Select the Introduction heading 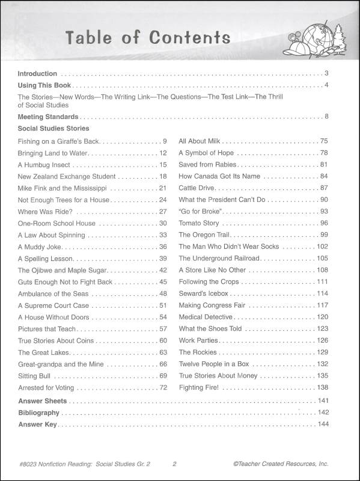tap(37, 73)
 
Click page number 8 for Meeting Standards tap(326, 116)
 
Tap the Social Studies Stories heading tap(53, 128)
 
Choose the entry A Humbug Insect tap(44, 164)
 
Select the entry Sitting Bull tap(35, 376)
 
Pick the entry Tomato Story tap(198, 223)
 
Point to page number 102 tap(322, 247)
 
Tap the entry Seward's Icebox tap(203, 293)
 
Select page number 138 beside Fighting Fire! tap(322, 387)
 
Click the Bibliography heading tap(38, 412)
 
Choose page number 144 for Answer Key tap(323, 424)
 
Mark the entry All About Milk tap(201, 141)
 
